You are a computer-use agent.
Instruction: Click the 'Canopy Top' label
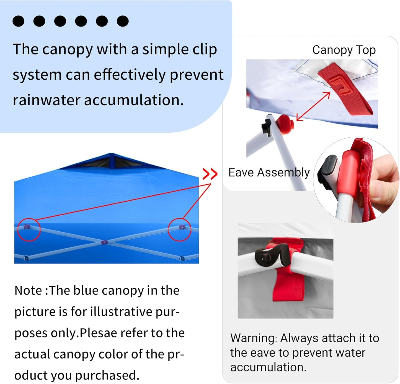point(344,50)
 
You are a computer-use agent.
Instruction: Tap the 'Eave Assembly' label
point(269,173)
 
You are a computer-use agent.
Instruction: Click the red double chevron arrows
point(210,174)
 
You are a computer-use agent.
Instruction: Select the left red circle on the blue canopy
point(29,229)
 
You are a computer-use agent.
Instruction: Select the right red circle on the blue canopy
point(180,229)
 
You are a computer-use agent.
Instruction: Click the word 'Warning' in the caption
point(252,338)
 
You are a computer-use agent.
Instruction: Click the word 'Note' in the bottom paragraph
point(28,291)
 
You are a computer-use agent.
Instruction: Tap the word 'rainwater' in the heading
point(46,100)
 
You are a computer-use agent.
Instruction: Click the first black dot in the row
point(19,21)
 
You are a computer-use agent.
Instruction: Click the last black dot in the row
point(123,21)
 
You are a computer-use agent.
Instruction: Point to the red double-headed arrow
point(313,106)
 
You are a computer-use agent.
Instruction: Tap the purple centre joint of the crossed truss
point(104,242)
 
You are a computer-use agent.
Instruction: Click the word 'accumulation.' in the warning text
point(268,367)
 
